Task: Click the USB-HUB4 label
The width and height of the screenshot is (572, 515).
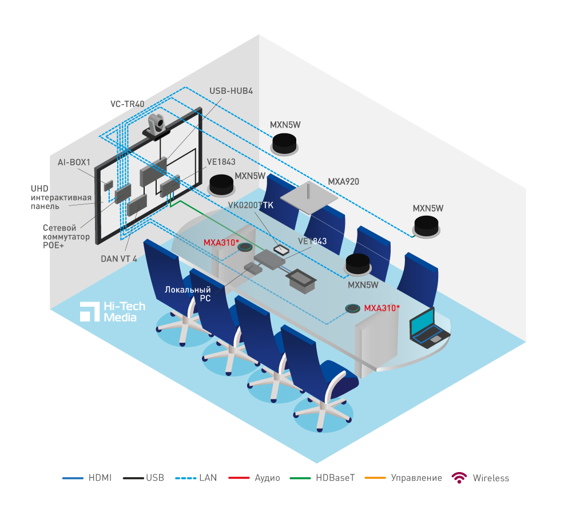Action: (x=231, y=90)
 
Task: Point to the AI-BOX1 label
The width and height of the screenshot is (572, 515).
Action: (x=74, y=163)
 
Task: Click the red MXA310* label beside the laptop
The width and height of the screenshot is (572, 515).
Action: (x=382, y=308)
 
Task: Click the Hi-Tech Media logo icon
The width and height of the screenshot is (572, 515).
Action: (x=90, y=311)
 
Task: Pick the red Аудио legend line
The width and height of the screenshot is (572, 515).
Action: (x=239, y=478)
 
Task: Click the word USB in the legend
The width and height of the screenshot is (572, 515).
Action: (x=154, y=478)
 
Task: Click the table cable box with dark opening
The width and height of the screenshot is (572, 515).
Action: (x=300, y=281)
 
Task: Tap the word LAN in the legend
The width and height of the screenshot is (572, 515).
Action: (x=208, y=478)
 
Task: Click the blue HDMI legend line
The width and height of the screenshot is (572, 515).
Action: (x=73, y=478)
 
